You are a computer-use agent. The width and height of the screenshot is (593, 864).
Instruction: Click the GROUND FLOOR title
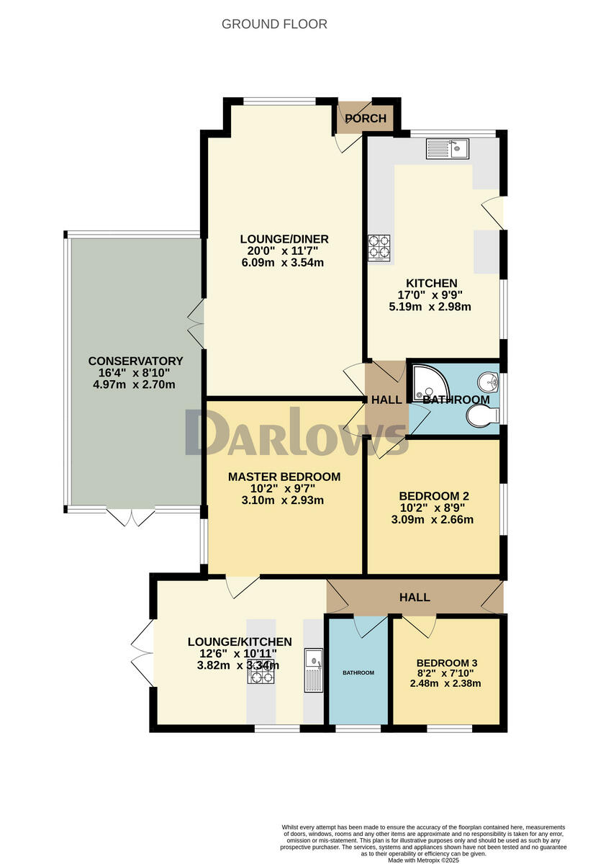click(x=274, y=24)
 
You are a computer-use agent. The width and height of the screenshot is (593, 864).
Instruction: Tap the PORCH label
click(x=366, y=119)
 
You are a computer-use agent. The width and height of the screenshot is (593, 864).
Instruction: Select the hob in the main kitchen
click(x=380, y=248)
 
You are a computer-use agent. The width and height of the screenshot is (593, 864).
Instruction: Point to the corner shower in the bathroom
click(x=427, y=382)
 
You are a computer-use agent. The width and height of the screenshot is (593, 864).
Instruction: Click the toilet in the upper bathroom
click(x=481, y=415)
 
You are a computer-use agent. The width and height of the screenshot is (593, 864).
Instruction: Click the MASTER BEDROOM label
click(x=284, y=477)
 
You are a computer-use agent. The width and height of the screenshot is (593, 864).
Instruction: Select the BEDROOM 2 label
click(x=434, y=496)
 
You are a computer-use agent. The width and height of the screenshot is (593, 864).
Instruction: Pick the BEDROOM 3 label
click(x=446, y=663)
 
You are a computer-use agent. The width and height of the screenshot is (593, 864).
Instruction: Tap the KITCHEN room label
click(x=431, y=283)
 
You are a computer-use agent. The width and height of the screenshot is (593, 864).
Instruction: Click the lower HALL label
click(x=415, y=597)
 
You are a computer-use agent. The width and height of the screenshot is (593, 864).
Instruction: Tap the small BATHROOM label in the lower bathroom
click(x=358, y=672)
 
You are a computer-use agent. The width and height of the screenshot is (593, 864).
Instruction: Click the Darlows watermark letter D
click(x=207, y=432)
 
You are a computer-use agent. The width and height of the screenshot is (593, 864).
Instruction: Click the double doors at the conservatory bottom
click(x=132, y=516)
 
